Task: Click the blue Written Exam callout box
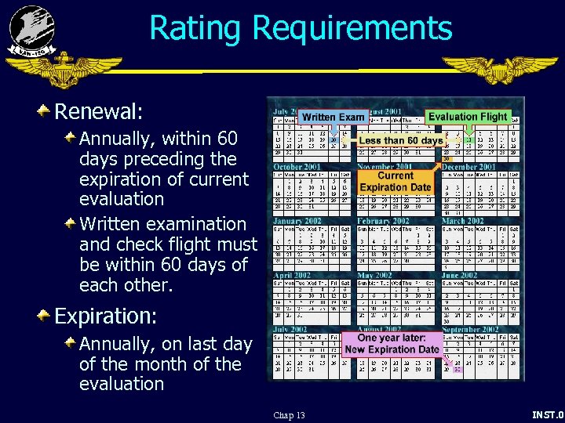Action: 334,117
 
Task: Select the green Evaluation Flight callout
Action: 468,117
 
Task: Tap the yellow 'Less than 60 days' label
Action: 400,141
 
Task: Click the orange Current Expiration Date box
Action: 395,182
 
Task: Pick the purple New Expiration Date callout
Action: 392,344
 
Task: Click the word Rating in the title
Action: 196,28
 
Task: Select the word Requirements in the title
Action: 352,28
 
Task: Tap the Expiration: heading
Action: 105,316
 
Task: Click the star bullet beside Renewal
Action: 44,110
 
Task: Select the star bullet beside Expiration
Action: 44,316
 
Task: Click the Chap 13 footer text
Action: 289,415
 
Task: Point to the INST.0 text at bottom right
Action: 548,414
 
